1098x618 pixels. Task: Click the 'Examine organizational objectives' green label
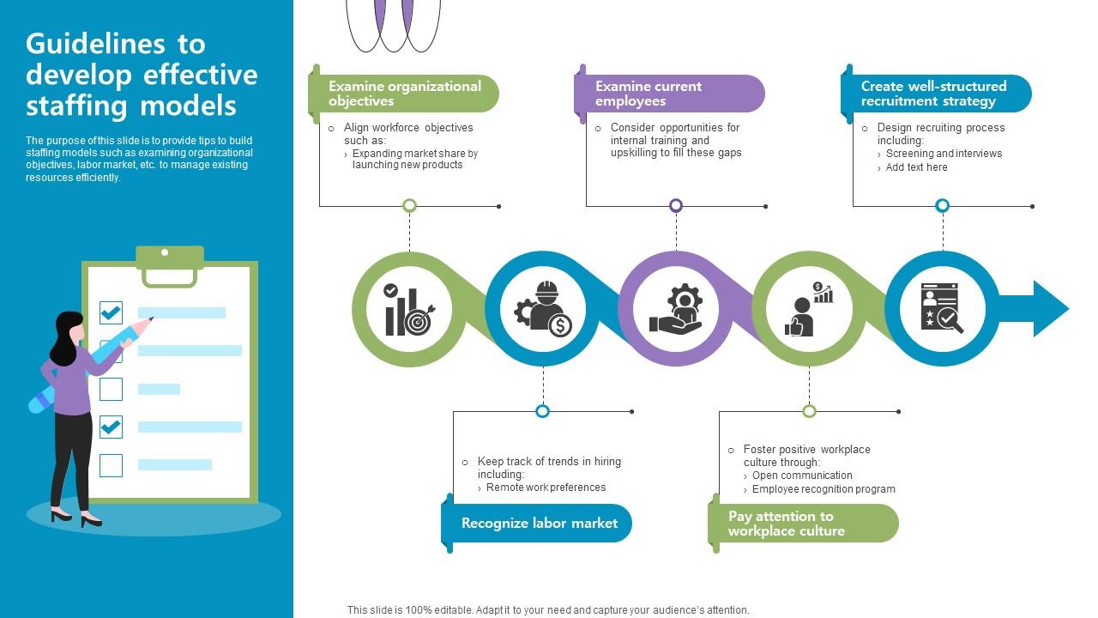click(x=404, y=94)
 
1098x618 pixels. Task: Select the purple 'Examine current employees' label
click(x=669, y=94)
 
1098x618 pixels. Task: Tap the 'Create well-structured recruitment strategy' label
click(x=935, y=94)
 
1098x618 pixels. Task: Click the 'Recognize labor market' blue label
click(x=539, y=523)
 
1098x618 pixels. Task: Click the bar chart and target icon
click(x=409, y=309)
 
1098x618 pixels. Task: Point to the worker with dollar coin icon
click(x=543, y=309)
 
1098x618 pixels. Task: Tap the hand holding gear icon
click(x=676, y=309)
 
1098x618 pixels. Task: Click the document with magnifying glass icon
click(x=942, y=308)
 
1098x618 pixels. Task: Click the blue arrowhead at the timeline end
click(x=1048, y=308)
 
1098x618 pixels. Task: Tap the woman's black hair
click(x=65, y=337)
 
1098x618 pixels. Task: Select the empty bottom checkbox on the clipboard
click(x=112, y=465)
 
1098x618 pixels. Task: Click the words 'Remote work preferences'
click(x=546, y=488)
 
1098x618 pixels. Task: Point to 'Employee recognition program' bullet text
click(x=823, y=489)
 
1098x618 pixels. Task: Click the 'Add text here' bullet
click(x=916, y=167)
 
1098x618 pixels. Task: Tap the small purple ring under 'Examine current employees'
click(x=676, y=205)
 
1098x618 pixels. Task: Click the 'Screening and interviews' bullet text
click(x=944, y=154)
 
